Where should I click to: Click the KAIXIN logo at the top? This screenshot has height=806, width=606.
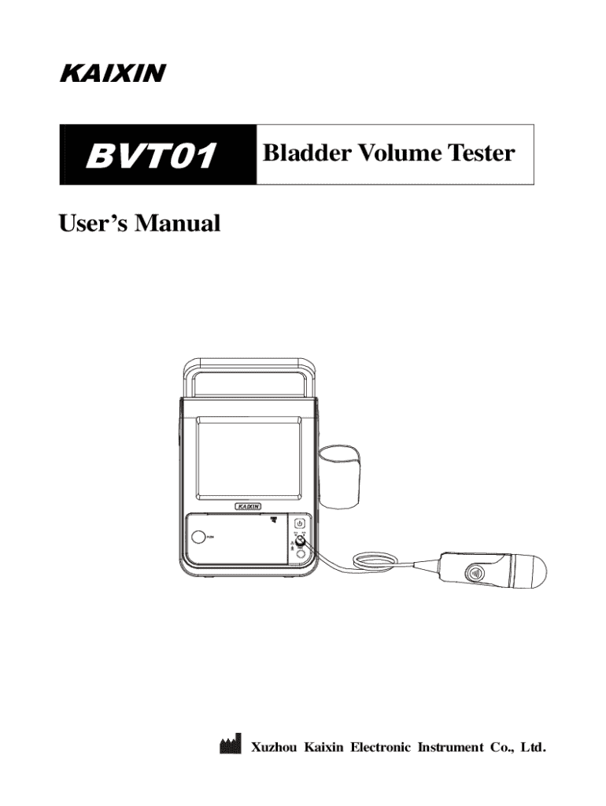coord(111,74)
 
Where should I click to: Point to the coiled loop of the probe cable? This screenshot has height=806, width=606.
coord(369,560)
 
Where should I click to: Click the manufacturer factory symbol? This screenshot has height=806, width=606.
coord(228,745)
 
